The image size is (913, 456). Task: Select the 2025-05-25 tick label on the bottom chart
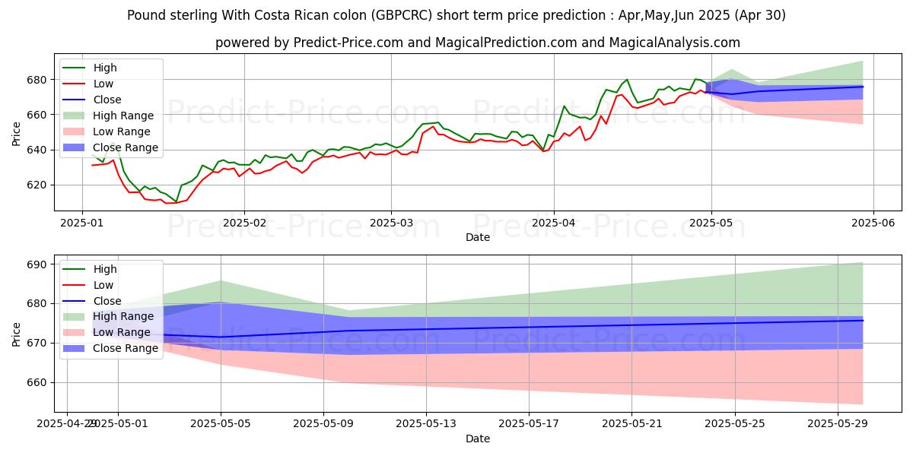click(734, 423)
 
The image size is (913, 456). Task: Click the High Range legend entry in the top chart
click(122, 116)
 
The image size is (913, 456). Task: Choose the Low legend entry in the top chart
click(104, 84)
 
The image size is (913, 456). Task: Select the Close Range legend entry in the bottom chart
click(126, 348)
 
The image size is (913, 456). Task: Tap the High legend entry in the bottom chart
click(104, 269)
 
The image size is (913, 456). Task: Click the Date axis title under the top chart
click(477, 238)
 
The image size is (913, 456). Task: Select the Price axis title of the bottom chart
click(17, 334)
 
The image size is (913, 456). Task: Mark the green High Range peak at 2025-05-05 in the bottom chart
click(221, 281)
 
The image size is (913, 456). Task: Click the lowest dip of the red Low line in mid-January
click(167, 203)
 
